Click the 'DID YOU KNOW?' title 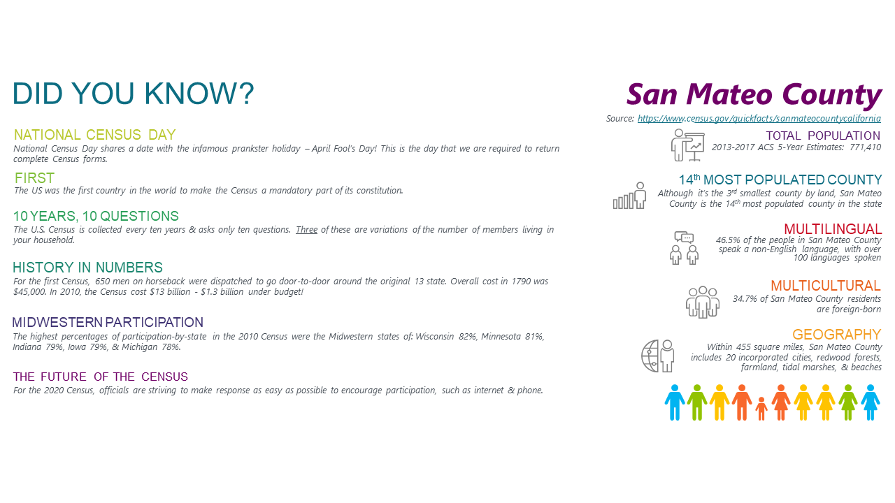pos(133,94)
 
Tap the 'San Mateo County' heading pos(754,95)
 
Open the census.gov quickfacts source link pos(759,119)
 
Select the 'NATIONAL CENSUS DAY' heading pos(94,135)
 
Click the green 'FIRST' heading pos(34,178)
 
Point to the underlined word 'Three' pos(306,230)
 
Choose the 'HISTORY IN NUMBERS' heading pos(87,267)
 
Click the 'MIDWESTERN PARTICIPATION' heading pos(108,322)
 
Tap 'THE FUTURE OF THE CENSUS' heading pos(100,377)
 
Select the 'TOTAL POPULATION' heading pos(823,136)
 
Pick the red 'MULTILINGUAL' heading pos(833,229)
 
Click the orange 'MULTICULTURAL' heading pos(826,286)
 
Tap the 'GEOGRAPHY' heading pos(837,335)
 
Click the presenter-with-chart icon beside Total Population pos(687,145)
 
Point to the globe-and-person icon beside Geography pos(658,356)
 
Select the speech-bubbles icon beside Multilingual pos(684,238)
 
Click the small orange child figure pos(761,409)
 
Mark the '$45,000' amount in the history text pos(30,292)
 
